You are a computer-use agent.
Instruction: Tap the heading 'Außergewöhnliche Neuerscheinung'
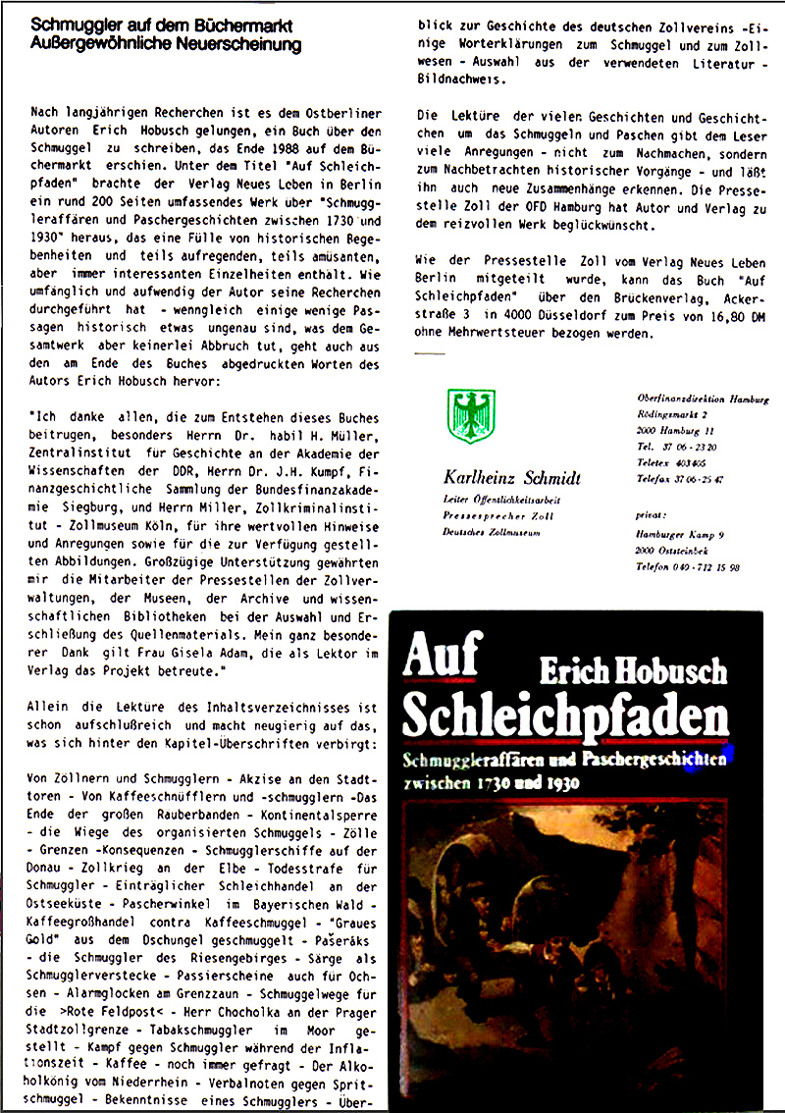coord(166,45)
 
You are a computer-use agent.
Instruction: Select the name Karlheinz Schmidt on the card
coord(511,478)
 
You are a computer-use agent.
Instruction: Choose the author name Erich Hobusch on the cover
coord(633,671)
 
